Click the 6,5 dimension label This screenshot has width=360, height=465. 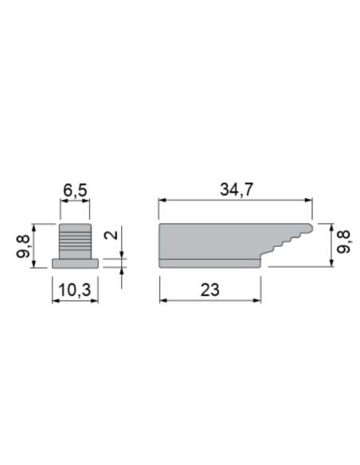tap(76, 190)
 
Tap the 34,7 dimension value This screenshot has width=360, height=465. tap(237, 190)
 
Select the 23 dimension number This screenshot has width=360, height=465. tap(210, 290)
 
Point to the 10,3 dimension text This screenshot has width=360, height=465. tap(75, 290)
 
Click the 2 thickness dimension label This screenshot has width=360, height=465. tap(111, 235)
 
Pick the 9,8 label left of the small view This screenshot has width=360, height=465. tap(23, 246)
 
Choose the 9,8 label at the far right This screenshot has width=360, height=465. tap(344, 241)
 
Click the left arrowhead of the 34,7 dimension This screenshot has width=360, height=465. tap(162, 201)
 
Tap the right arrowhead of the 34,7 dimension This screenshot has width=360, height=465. tap(308, 201)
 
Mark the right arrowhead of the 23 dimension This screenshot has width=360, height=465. tap(257, 301)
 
